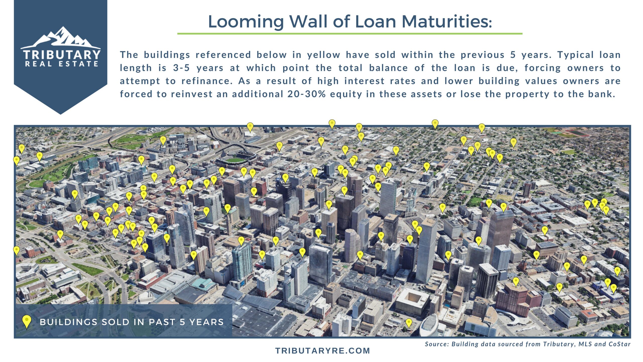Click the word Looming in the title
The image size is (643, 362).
coord(246,22)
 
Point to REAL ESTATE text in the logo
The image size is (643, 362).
coord(62,64)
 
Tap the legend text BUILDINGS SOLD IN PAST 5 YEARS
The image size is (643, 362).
coord(132,322)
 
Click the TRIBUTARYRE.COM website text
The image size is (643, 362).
coord(323,351)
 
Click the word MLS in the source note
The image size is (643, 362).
coord(585,344)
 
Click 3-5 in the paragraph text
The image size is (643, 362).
coord(181,68)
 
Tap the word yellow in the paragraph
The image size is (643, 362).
coord(324,55)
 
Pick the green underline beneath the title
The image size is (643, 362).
coord(350,33)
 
